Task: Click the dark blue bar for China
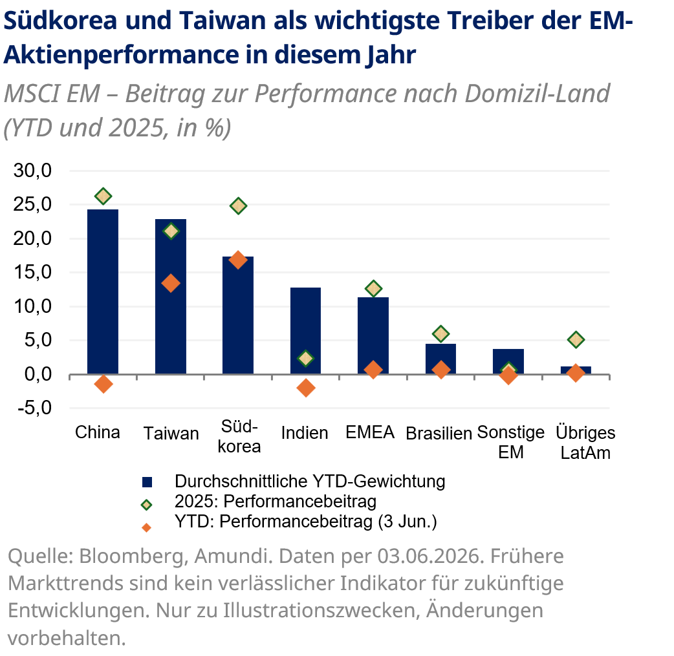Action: click(103, 291)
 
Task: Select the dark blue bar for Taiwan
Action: click(171, 297)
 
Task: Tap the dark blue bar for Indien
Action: click(305, 331)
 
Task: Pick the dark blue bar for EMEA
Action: click(373, 335)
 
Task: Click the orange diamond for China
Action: click(103, 384)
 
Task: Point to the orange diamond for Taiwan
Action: click(171, 283)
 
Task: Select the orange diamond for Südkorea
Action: click(238, 260)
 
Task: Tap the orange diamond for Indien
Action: click(305, 388)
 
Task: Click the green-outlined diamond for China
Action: click(103, 196)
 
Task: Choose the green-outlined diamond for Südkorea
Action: click(238, 206)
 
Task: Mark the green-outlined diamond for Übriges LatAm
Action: click(576, 340)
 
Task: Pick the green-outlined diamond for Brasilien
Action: click(440, 333)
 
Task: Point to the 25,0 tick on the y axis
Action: click(32, 204)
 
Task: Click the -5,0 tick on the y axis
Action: click(34, 408)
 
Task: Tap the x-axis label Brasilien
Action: click(439, 433)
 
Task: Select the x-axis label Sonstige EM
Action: click(510, 442)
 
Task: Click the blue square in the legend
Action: click(147, 482)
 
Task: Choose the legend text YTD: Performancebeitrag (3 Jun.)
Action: click(305, 521)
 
